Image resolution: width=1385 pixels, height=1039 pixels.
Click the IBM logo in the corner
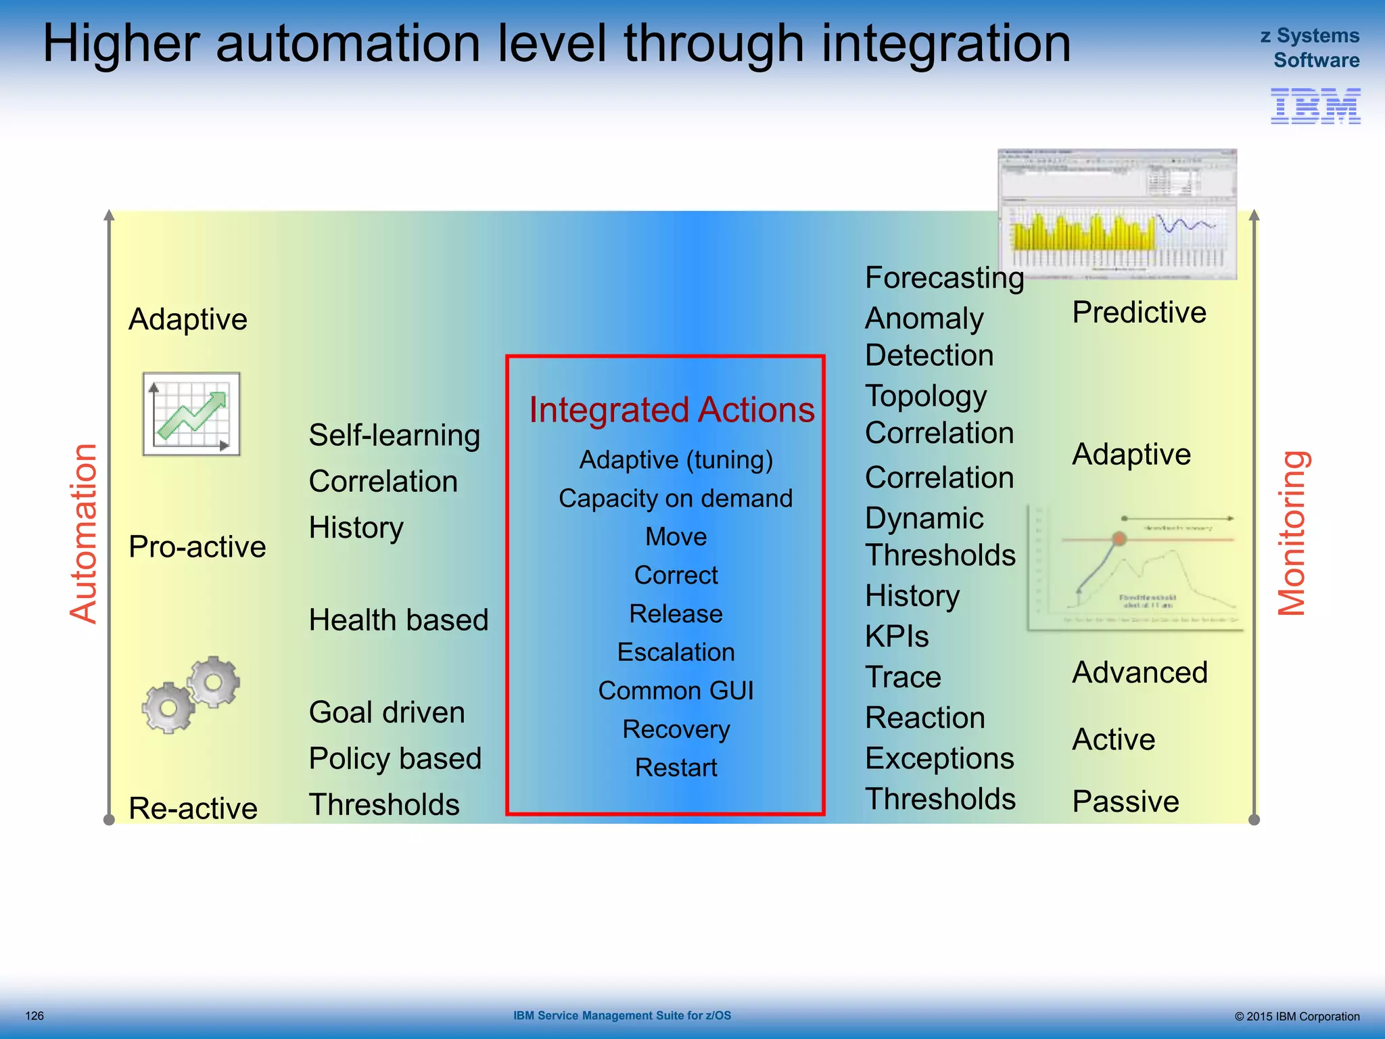point(1315,106)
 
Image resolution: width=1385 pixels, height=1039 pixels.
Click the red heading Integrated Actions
point(672,410)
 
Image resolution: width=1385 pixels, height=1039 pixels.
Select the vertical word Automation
point(85,533)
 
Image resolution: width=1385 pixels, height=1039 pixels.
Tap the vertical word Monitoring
point(1291,533)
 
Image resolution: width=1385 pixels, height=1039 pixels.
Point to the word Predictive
point(1139,313)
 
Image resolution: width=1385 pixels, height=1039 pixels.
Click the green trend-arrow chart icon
point(191,414)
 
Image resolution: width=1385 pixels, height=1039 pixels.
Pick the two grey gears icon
point(191,695)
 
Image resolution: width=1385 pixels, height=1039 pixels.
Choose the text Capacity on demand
point(676,499)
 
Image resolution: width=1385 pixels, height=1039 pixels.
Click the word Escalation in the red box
point(676,652)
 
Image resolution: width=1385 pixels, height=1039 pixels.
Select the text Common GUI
point(676,691)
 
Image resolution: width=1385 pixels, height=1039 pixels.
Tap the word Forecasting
point(944,278)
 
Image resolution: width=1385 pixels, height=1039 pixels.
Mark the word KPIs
point(897,637)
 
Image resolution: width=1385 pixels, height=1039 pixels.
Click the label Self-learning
point(394,436)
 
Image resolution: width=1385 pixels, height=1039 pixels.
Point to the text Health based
point(398,620)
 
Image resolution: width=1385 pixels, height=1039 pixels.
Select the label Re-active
point(193,808)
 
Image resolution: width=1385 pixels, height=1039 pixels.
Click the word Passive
point(1125,802)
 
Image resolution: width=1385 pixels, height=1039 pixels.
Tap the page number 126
point(34,1016)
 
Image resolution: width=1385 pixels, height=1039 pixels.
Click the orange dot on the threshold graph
point(1119,538)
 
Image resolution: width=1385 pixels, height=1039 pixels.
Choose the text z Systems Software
point(1310,48)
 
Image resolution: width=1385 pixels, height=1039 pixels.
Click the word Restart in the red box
point(676,768)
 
